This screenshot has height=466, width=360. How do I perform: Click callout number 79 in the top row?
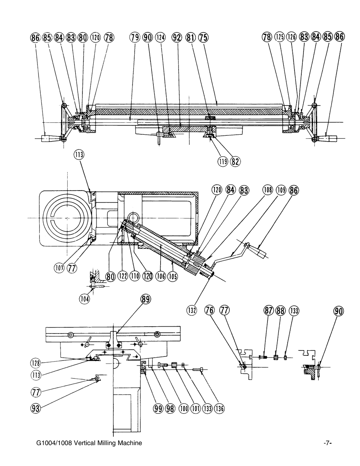[x=135, y=37]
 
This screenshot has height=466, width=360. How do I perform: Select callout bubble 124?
[x=160, y=37]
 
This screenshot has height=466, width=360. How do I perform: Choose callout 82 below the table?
[x=235, y=162]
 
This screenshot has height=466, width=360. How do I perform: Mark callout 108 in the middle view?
[x=267, y=190]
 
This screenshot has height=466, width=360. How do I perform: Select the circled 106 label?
[x=161, y=277]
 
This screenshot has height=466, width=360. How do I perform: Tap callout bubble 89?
[x=146, y=299]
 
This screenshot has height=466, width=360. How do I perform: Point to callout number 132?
[x=192, y=310]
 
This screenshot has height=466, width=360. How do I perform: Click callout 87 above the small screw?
[x=269, y=310]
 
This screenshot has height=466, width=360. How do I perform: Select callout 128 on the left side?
[x=35, y=363]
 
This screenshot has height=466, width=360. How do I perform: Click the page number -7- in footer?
[x=327, y=443]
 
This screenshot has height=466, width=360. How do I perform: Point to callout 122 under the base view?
[x=123, y=277]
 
